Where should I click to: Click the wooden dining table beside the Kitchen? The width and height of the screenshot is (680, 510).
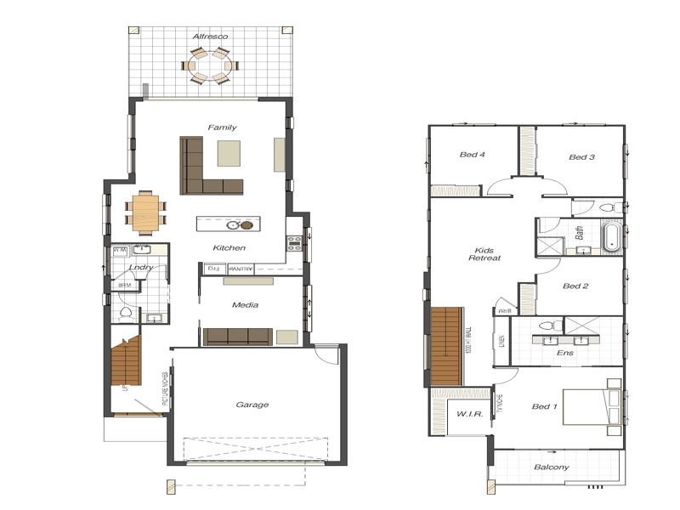click(x=144, y=212)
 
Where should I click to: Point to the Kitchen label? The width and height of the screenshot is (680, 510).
click(x=229, y=248)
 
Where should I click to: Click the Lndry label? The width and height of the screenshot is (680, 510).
click(x=141, y=267)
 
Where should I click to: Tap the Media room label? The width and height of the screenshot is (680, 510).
click(x=245, y=304)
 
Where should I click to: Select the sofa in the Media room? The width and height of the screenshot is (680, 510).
click(x=238, y=337)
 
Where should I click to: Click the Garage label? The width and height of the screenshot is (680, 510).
click(x=252, y=405)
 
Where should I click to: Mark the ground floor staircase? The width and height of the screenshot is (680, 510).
click(x=126, y=361)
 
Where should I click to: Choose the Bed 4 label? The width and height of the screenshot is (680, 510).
click(x=472, y=155)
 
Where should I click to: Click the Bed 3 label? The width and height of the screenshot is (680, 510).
click(x=581, y=156)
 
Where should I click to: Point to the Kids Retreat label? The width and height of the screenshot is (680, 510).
click(x=487, y=254)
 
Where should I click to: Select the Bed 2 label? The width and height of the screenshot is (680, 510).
click(x=575, y=286)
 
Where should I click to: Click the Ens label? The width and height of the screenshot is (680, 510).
click(x=564, y=352)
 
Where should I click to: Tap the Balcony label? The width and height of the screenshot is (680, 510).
click(x=552, y=467)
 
